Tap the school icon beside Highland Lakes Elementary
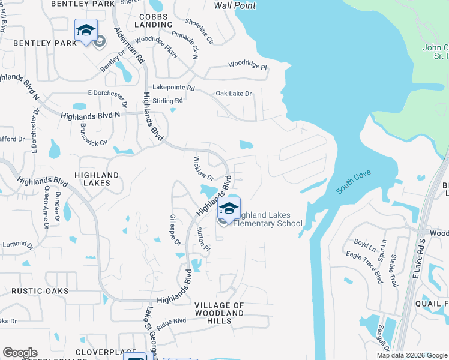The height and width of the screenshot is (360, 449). point(228,208)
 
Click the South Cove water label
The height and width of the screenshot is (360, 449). point(354,182)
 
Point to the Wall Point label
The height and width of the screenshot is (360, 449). point(235,5)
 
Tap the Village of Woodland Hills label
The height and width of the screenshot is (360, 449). point(220,313)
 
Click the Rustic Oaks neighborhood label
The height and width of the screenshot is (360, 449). point(40,291)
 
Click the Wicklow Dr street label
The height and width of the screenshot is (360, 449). point(203,169)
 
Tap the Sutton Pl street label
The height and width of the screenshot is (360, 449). point(203,239)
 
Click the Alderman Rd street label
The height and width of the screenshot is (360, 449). point(130,45)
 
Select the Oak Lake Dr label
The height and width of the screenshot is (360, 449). point(234,94)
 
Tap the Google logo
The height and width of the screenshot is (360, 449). point(20,353)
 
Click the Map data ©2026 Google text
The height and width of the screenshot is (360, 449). point(411,355)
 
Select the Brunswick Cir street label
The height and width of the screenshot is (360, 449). point(93,135)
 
